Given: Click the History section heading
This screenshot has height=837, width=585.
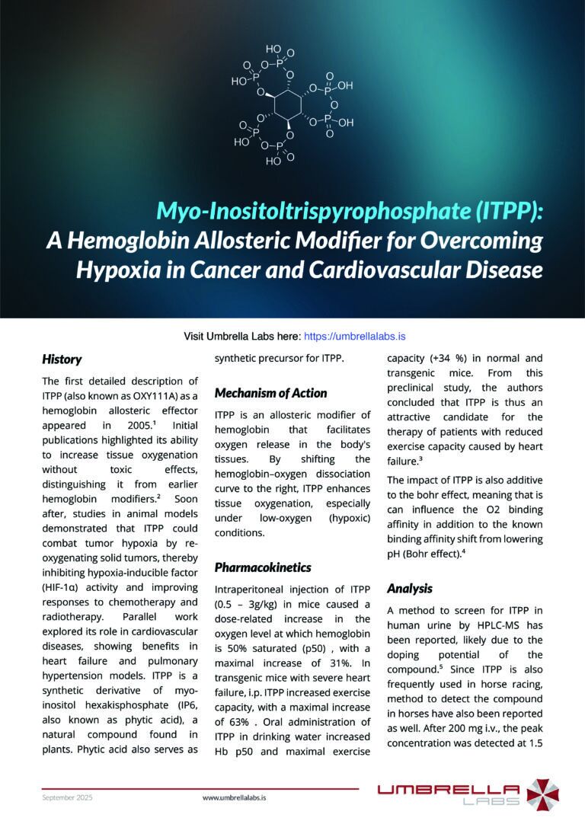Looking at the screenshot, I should click(62, 359).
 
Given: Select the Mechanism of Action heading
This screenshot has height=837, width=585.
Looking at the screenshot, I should click(270, 393).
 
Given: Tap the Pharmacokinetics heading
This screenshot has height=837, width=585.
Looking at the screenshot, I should click(262, 567).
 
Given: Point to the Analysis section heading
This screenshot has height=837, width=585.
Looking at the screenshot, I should click(409, 588).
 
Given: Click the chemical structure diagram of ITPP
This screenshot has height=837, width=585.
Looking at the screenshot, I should click(292, 104).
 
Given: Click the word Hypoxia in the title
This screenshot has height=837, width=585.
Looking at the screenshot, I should click(113, 270).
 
